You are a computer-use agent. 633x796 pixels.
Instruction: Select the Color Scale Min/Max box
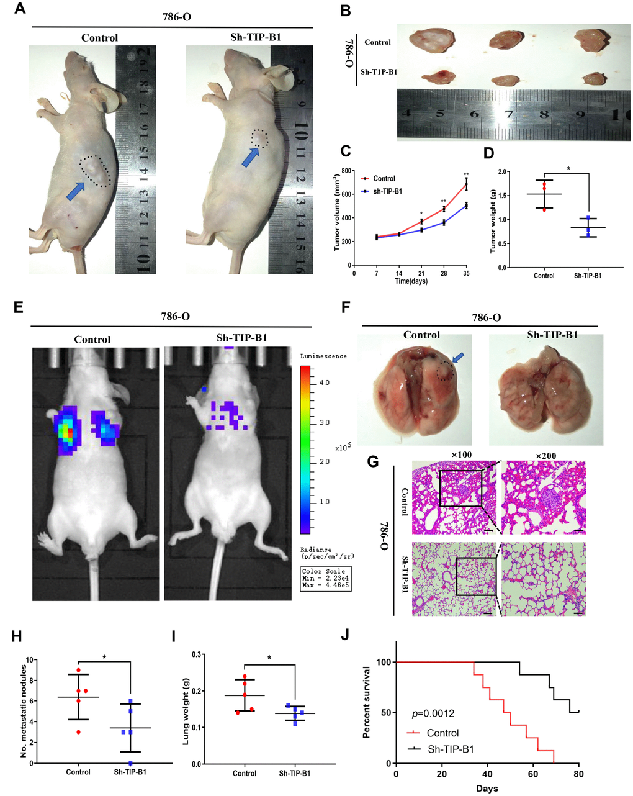click(x=325, y=578)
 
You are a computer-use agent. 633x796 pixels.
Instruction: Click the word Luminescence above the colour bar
click(x=323, y=356)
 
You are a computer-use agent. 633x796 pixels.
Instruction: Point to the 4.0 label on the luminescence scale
click(x=324, y=383)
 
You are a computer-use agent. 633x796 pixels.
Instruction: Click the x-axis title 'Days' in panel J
click(x=487, y=789)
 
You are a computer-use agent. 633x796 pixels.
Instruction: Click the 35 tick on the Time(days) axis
click(x=466, y=273)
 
